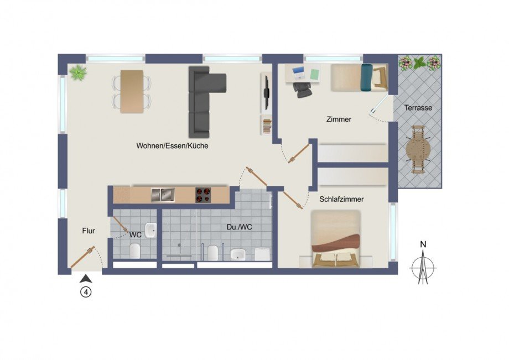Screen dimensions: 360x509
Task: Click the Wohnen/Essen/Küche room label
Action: [172, 146]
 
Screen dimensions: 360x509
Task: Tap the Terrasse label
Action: [418, 108]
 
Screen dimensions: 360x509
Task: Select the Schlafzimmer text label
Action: [341, 199]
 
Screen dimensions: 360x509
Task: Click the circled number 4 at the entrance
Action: [86, 293]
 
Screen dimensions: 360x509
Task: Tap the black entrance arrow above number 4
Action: [86, 279]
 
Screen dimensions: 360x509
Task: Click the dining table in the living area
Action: [132, 91]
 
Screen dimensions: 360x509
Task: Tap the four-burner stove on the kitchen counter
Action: [203, 195]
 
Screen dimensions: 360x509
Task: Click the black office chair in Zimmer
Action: [303, 89]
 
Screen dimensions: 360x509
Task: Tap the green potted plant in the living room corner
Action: [79, 72]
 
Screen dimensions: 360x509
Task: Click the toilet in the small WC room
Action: [134, 252]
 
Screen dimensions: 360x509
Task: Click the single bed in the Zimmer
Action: [359, 77]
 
